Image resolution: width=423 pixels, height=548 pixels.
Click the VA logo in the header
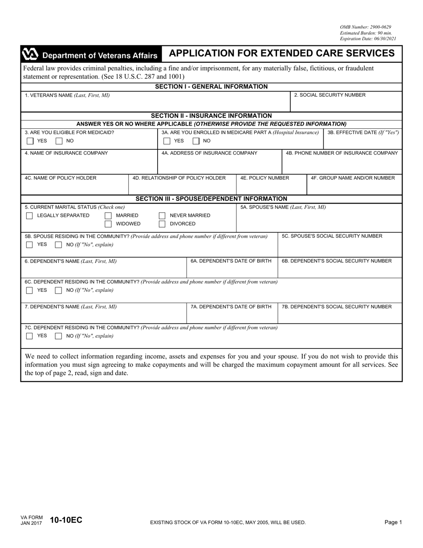pos(30,55)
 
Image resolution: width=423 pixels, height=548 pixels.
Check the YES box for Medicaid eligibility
pos(30,141)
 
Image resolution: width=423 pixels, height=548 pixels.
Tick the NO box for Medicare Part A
pos(196,141)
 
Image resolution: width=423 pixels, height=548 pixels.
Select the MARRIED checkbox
pos(108,216)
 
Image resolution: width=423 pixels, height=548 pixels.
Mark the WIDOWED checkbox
pos(108,224)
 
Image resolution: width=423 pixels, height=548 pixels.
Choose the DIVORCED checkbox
pos(162,224)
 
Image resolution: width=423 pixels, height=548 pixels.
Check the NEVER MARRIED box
pos(162,216)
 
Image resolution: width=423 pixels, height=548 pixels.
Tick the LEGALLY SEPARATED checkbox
pos(29,216)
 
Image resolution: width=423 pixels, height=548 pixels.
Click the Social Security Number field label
pos(329,95)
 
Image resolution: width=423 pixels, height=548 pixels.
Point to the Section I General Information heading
pos(211,86)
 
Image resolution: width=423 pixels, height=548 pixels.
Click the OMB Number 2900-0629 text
pos(366,27)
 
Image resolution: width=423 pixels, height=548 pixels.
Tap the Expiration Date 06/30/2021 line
pos(368,39)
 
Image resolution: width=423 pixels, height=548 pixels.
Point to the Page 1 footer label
pos(393,522)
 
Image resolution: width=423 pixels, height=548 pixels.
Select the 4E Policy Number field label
pos(264,178)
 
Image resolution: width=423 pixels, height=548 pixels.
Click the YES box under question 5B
pos(29,245)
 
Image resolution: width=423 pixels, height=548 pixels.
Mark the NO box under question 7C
pos(58,336)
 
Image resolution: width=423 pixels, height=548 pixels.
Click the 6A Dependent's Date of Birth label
pos(231,261)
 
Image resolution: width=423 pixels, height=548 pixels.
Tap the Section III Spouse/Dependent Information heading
pos(211,199)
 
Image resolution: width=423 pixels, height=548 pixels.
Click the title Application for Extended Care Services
pos(281,53)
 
